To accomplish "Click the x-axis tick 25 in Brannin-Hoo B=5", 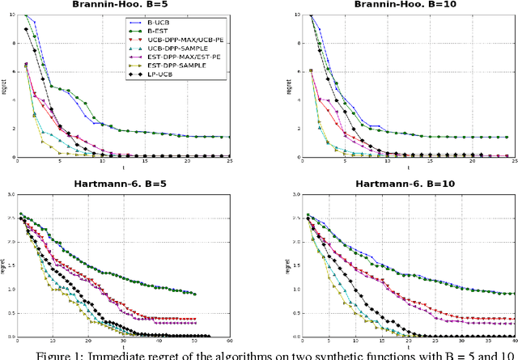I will pyautogui.click(x=230, y=163).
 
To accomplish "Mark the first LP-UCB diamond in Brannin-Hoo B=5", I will pyautogui.click(x=26, y=30).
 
